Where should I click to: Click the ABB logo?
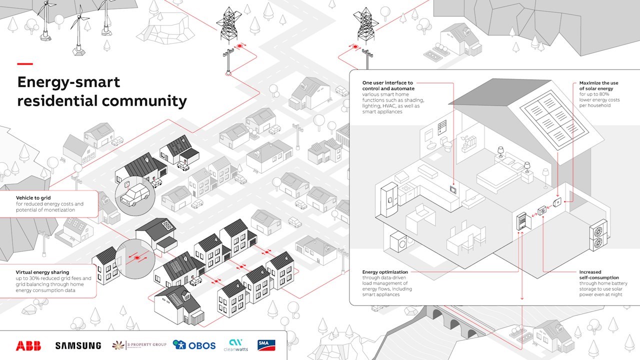[x=28, y=345]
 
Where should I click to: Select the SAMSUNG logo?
[x=78, y=345]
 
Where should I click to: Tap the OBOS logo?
[x=194, y=345]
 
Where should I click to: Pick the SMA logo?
[x=266, y=345]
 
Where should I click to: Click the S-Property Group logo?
[x=139, y=345]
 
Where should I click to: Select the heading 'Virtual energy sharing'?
[x=42, y=272]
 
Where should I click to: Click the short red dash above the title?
[x=24, y=64]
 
